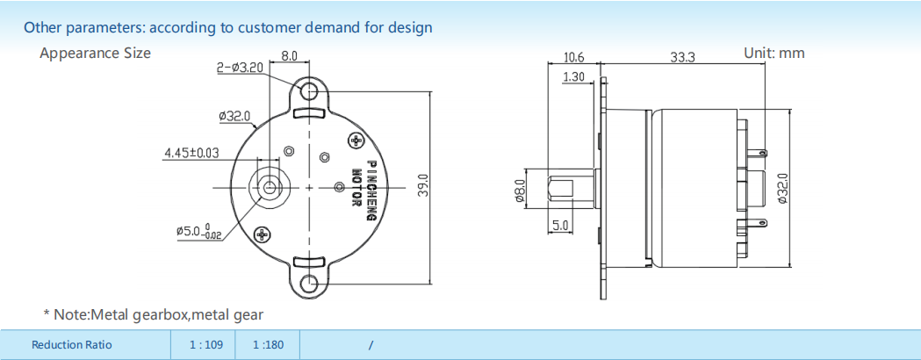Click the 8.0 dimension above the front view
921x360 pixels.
pos(289,56)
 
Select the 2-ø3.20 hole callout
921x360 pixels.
pos(240,68)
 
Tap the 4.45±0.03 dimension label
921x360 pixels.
pos(191,154)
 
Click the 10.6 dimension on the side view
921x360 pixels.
pos(573,57)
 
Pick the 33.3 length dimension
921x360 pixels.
pos(682,57)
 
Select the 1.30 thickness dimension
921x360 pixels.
pos(573,76)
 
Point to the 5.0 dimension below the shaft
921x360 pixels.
pos(560,225)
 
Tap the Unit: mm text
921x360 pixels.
pos(774,53)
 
